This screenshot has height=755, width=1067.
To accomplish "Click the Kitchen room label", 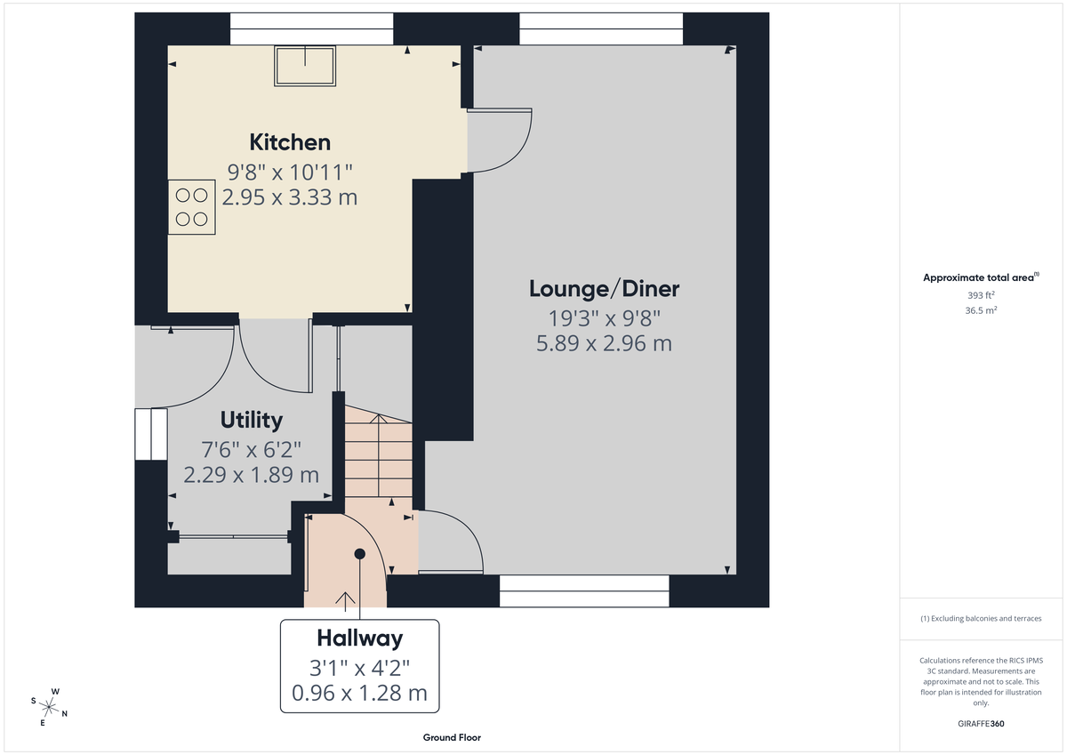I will [x=289, y=142].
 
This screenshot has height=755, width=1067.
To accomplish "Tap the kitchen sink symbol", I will [x=306, y=67].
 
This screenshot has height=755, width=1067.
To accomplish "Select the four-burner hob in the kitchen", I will [x=192, y=206].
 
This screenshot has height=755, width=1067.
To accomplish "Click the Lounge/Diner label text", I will [x=604, y=289].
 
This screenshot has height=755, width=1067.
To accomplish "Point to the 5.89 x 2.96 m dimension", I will [x=604, y=343].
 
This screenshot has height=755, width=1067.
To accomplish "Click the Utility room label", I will [x=252, y=420].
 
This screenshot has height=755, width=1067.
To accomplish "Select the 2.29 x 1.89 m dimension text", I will [x=251, y=476].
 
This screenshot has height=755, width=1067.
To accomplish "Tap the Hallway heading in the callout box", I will [x=359, y=639].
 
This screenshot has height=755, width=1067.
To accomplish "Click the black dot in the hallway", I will [x=360, y=553].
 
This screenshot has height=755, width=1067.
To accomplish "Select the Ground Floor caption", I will [x=452, y=738].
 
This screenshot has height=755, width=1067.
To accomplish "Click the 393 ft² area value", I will [x=981, y=294].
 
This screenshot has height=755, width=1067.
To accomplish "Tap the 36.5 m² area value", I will [x=981, y=310].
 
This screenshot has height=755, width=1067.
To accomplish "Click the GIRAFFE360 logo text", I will [x=982, y=724].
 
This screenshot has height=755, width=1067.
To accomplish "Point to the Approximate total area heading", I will [x=980, y=278].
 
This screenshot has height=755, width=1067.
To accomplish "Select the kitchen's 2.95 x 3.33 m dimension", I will [x=289, y=197].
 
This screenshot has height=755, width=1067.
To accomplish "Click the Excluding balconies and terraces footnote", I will [x=981, y=618].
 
